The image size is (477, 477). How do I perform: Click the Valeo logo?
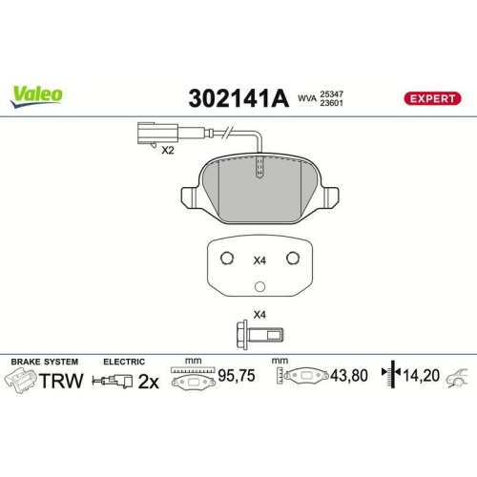pos(37,93)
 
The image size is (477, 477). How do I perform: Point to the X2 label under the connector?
pos(169,151)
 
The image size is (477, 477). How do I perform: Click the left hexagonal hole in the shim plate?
pos(225,259)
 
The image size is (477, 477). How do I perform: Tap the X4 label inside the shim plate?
pos(259,259)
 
